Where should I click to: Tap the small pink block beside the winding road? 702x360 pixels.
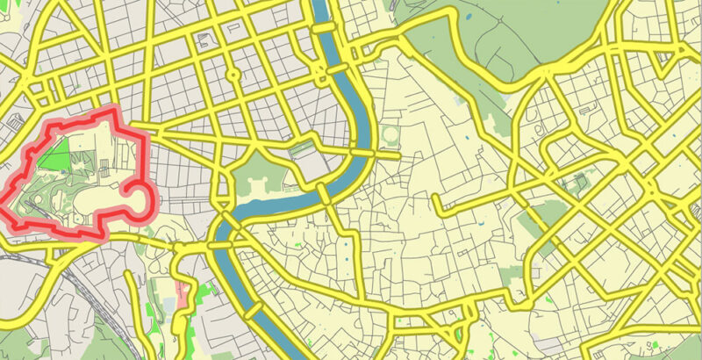point(183,293)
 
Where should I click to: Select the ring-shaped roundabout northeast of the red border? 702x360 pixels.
point(233,75)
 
